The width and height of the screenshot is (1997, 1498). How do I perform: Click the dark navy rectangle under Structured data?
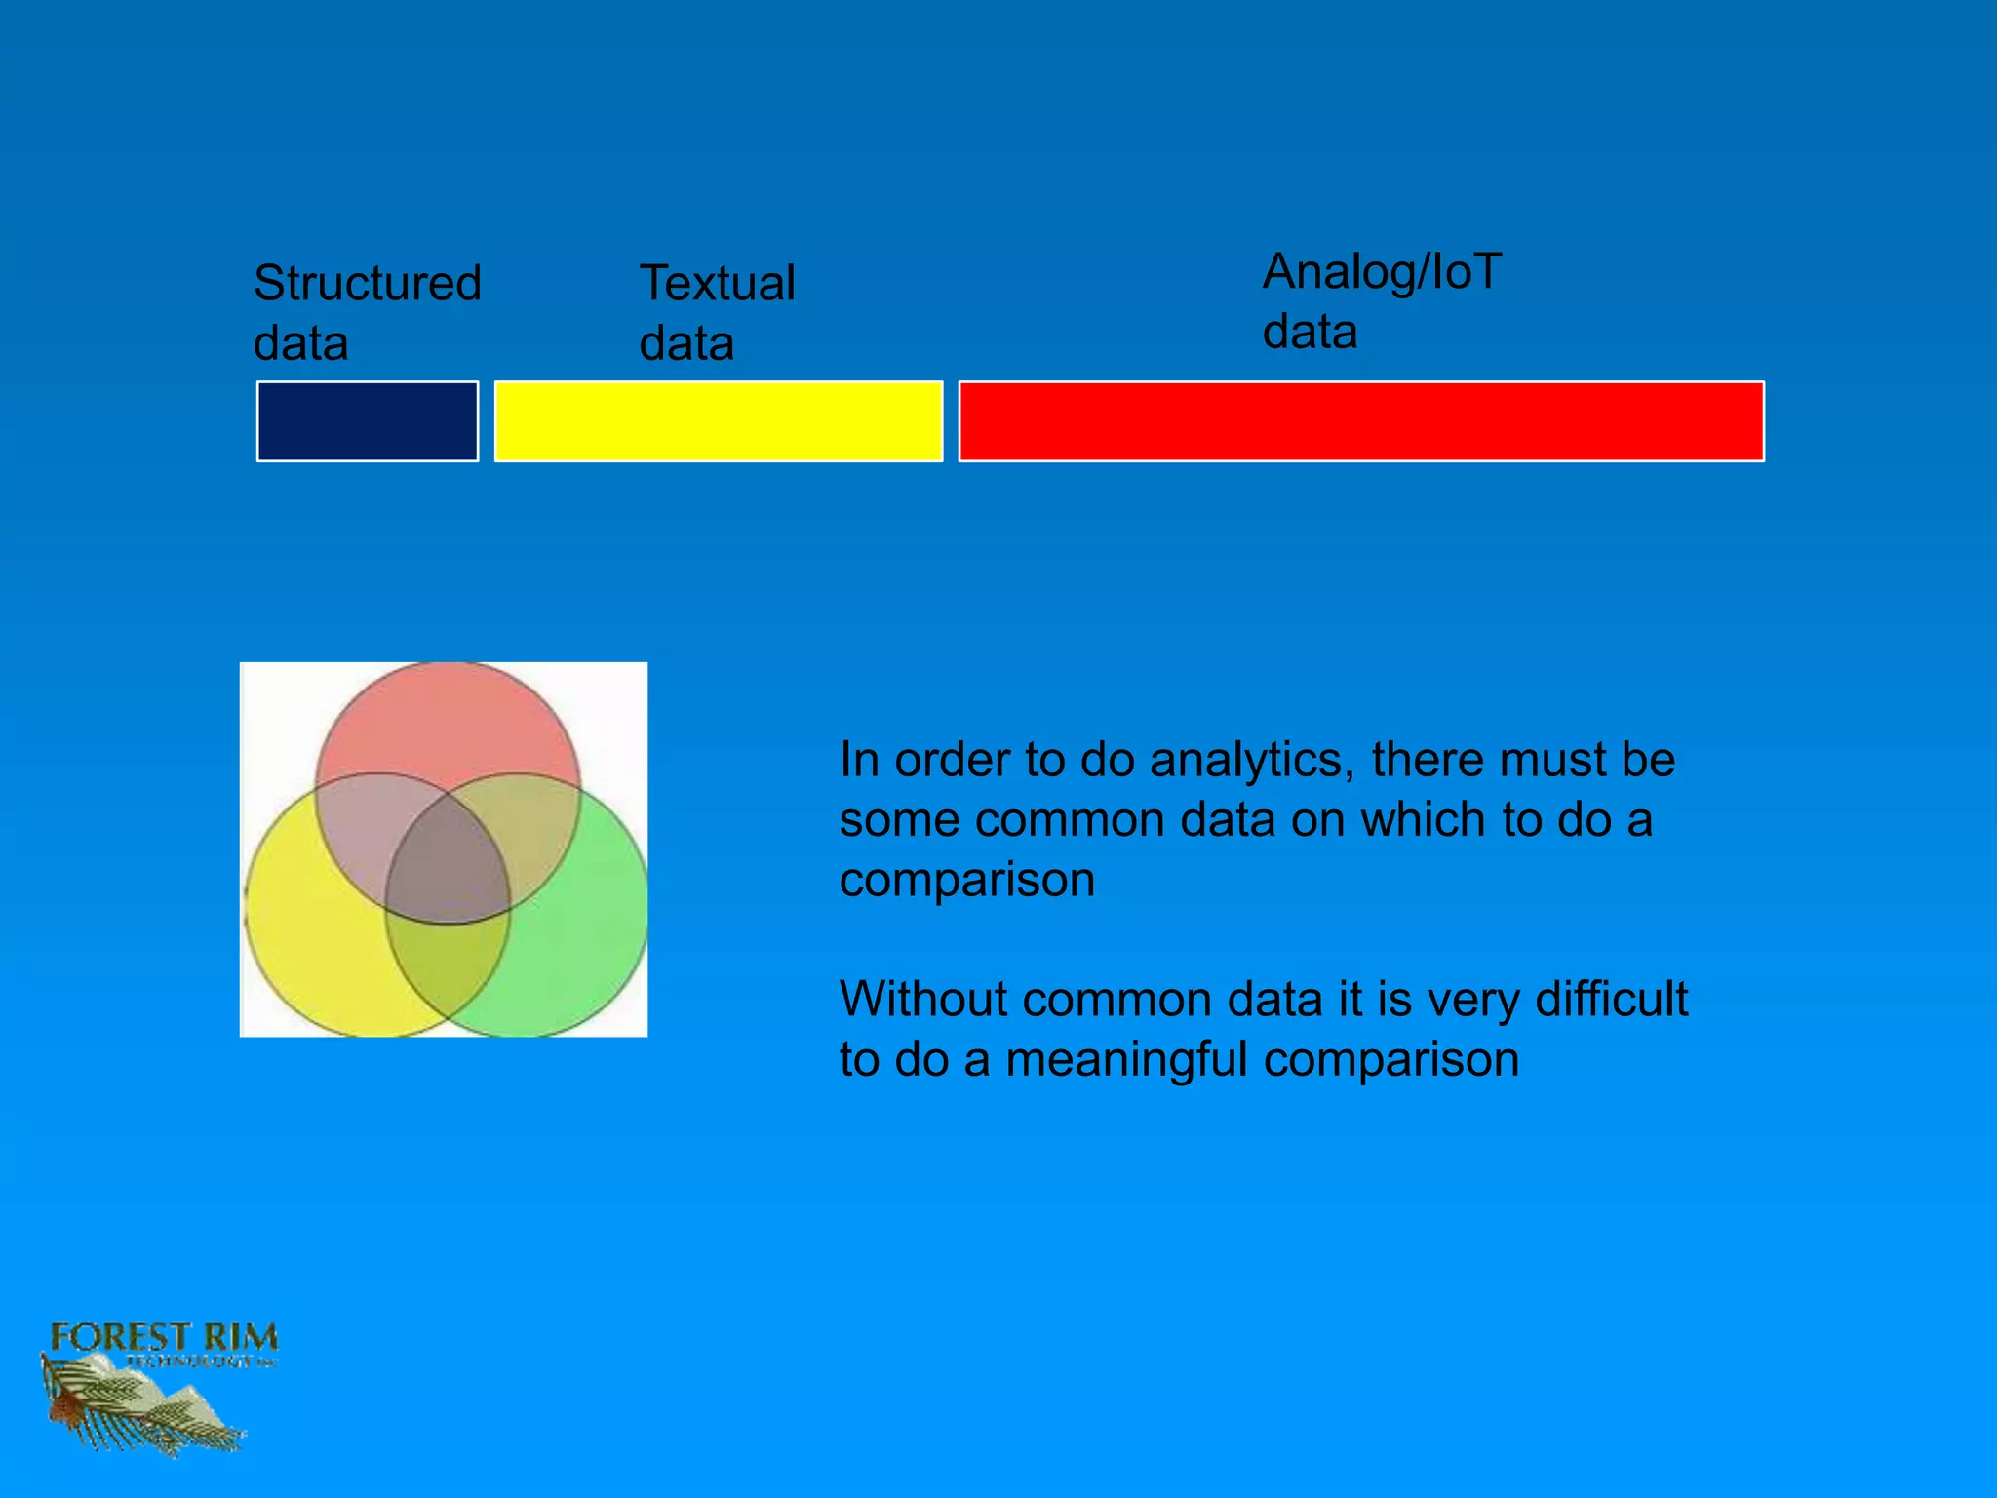pos(367,421)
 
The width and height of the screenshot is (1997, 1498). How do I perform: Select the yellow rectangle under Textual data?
pos(719,421)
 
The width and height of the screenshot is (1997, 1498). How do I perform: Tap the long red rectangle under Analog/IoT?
pos(1361,421)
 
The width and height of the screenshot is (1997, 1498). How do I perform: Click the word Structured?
pos(367,284)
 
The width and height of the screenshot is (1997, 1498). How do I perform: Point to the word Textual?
pos(717,284)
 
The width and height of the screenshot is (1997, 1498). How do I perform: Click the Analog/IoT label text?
pos(1382,271)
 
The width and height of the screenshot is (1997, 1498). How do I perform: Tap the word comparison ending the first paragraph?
pos(966,880)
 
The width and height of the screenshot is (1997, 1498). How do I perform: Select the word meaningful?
pos(1125,1059)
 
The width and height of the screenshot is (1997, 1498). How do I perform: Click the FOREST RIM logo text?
pos(164,1337)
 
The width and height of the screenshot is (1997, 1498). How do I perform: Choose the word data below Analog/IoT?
pos(1310,332)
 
